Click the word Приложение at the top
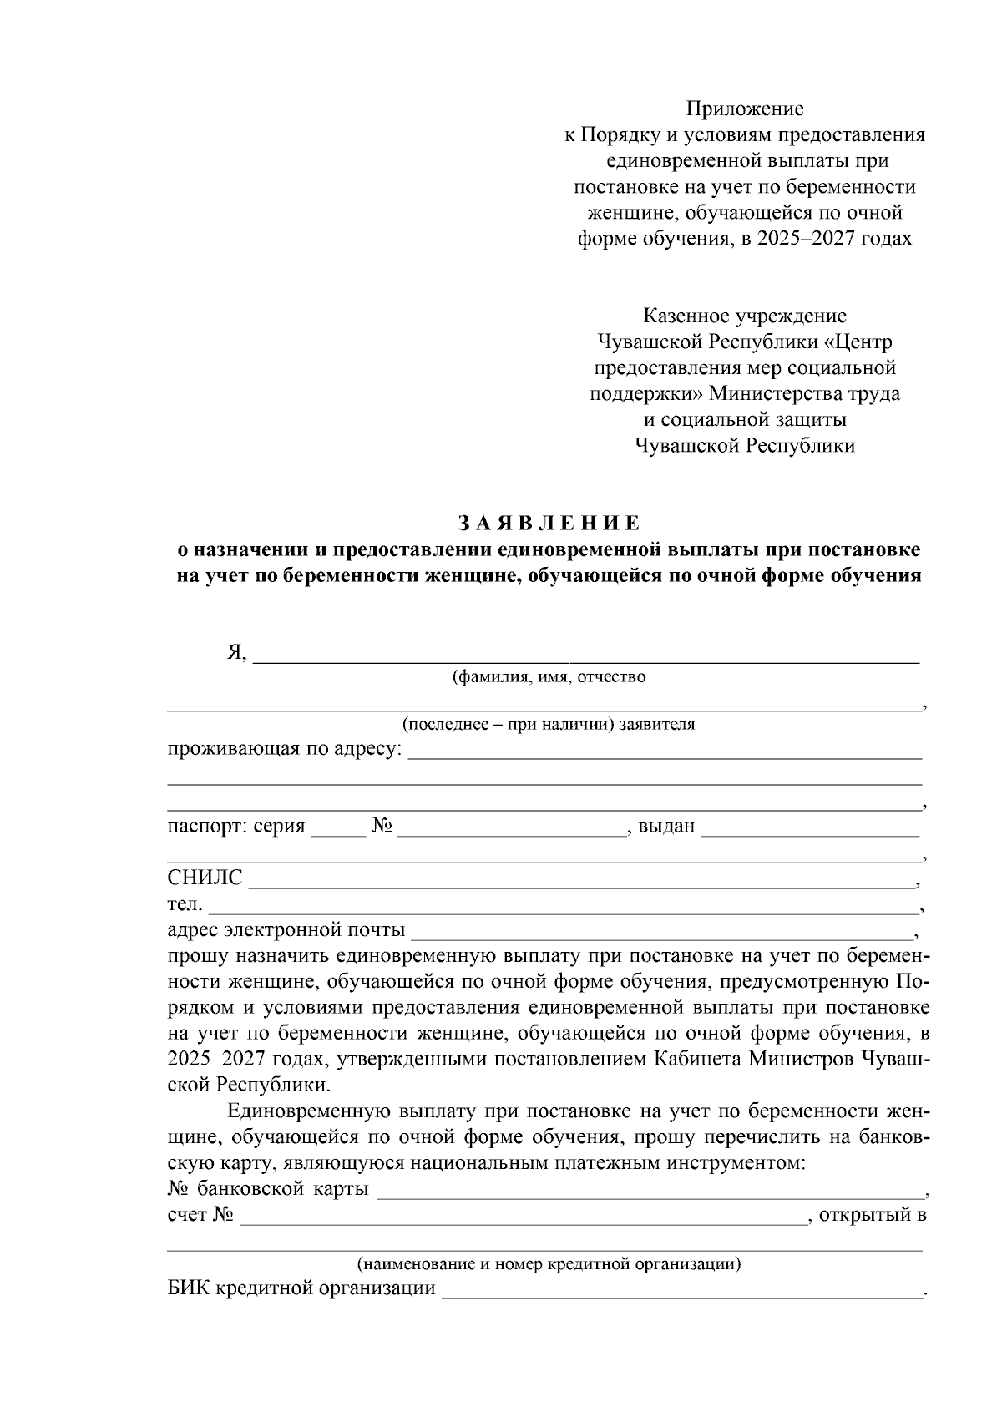pyautogui.click(x=744, y=109)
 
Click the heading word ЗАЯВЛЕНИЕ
pyautogui.click(x=549, y=523)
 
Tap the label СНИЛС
pyautogui.click(x=205, y=878)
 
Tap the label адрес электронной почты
pyautogui.click(x=286, y=929)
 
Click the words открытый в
pyautogui.click(x=873, y=1215)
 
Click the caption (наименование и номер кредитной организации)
pyautogui.click(x=549, y=1263)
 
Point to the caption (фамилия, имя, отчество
pyautogui.click(x=549, y=676)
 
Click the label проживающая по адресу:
pyautogui.click(x=284, y=749)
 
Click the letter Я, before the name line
pyautogui.click(x=237, y=653)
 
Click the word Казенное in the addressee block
pyautogui.click(x=686, y=316)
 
